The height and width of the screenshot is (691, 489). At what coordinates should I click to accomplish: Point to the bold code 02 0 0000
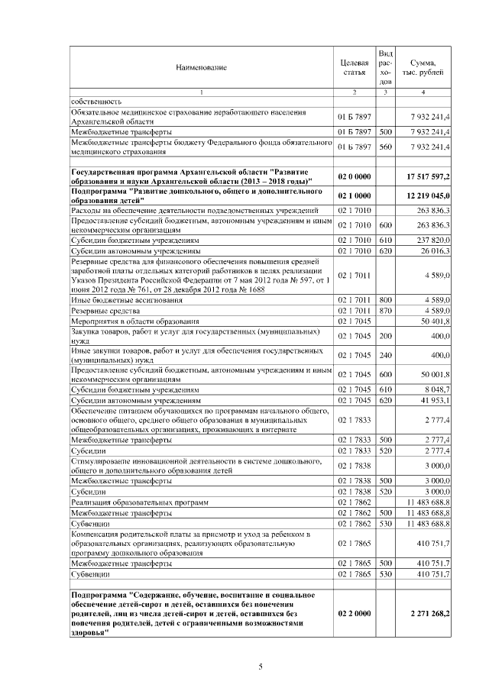355,176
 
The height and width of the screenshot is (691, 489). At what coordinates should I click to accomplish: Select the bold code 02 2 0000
355,613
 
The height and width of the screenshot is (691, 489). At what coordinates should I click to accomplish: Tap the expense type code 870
386,312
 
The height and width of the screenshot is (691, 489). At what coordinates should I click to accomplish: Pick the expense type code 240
386,355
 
